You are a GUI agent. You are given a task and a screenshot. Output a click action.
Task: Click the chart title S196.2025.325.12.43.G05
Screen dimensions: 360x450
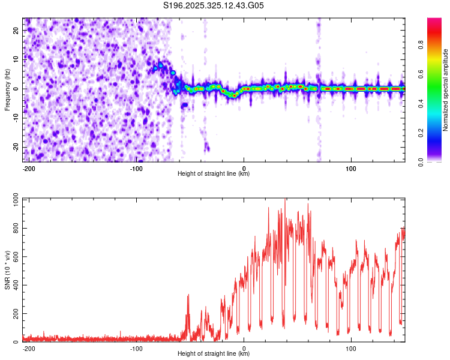(214, 6)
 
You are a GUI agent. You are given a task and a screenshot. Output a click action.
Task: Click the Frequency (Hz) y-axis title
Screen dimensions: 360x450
(8, 89)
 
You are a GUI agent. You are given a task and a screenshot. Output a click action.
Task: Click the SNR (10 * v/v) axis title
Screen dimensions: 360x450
(8, 270)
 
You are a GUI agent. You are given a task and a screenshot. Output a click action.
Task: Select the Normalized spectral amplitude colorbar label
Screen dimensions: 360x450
(446, 90)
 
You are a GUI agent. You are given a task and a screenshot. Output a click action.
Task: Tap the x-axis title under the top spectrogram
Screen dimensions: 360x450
(214, 174)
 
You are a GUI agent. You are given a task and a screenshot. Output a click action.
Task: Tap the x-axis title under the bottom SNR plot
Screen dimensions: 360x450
(214, 354)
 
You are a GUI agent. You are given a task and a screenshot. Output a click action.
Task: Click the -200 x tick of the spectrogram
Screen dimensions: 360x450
(29, 167)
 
